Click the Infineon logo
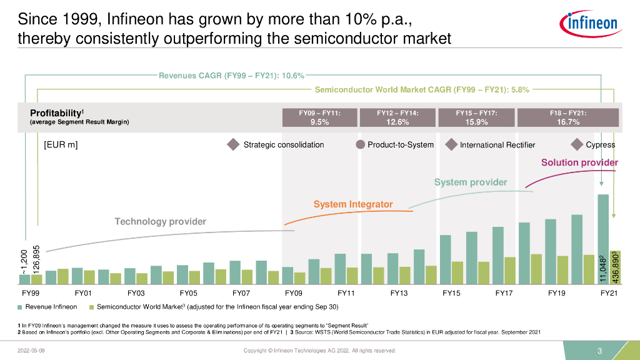click(x=590, y=24)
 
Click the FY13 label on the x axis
click(x=399, y=292)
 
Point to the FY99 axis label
click(x=31, y=292)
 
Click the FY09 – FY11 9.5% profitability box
click(x=319, y=117)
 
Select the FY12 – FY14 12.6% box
click(x=397, y=117)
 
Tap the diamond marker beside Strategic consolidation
click(x=233, y=145)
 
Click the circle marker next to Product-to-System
click(x=360, y=145)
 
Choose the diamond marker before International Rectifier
click(x=451, y=145)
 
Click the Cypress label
click(x=600, y=145)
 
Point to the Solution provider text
click(x=579, y=162)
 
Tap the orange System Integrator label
click(x=353, y=204)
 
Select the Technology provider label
click(x=160, y=221)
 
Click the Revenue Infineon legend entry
click(x=51, y=307)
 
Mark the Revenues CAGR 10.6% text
click(x=231, y=76)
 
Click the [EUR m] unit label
click(x=60, y=145)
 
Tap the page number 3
click(x=599, y=351)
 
